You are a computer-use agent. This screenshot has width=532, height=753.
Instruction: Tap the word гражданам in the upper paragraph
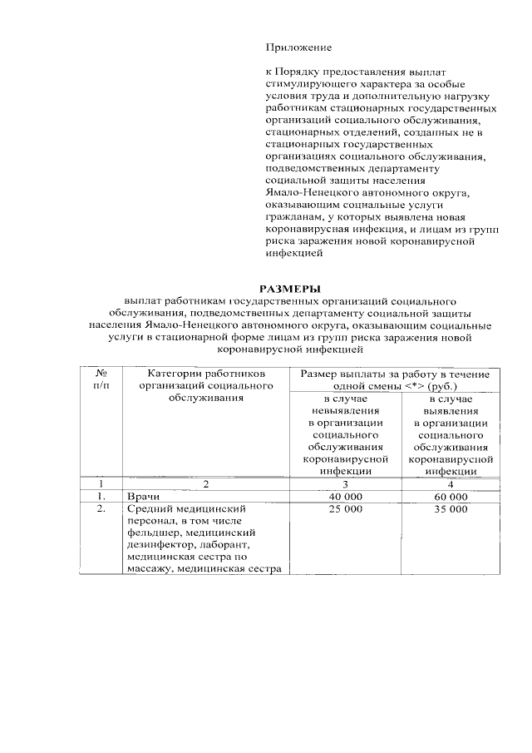(x=292, y=215)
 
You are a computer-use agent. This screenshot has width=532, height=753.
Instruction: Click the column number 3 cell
(x=344, y=483)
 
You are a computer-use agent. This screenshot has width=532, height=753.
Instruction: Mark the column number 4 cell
(x=450, y=483)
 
